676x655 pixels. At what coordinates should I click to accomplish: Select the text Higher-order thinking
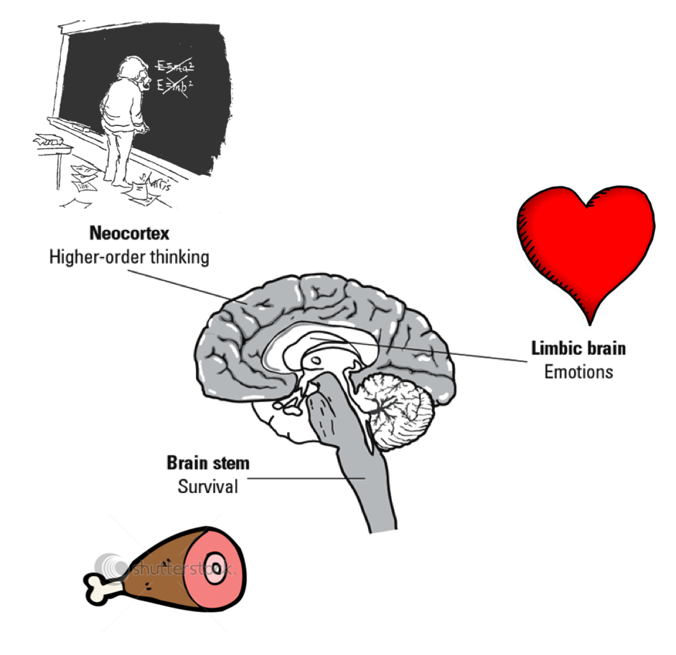tap(129, 257)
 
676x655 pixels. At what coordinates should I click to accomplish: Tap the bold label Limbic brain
tap(578, 349)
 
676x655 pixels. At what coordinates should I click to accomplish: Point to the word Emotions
tap(578, 372)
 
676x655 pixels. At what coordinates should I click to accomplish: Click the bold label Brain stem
tap(208, 462)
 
